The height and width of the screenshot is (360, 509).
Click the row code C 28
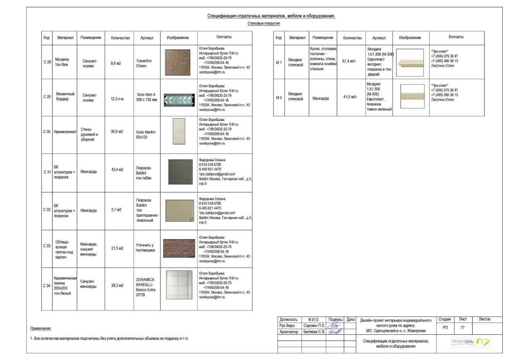pyautogui.click(x=47, y=62)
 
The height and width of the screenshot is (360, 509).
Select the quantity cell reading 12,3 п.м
pyautogui.click(x=117, y=99)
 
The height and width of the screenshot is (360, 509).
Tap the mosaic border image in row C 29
pyautogui.click(x=178, y=99)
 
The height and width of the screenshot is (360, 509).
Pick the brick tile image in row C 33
pyautogui.click(x=178, y=248)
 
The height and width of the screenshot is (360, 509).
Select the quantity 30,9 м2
pyautogui.click(x=117, y=132)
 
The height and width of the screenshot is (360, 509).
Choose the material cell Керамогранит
pyautogui.click(x=60, y=132)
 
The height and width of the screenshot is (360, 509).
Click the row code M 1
pyautogui.click(x=278, y=63)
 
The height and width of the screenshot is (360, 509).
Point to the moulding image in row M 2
pyautogui.click(x=410, y=96)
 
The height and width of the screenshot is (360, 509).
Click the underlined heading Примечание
pyautogui.click(x=40, y=328)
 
